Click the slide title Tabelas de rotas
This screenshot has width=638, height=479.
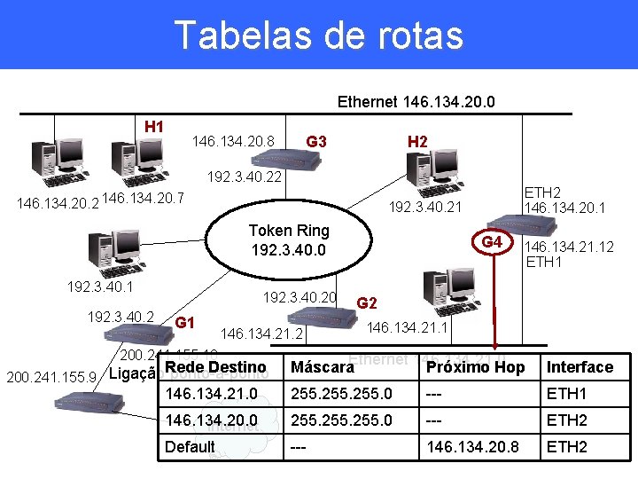(x=319, y=35)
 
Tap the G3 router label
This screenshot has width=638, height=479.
(x=315, y=141)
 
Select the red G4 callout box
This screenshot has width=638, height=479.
(x=492, y=243)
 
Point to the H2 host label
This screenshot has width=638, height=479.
(x=417, y=141)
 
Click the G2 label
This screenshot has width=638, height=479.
(x=368, y=302)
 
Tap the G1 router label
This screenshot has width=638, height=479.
(x=185, y=321)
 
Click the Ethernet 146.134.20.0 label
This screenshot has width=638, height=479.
(x=416, y=102)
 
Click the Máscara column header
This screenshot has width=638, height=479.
(x=317, y=367)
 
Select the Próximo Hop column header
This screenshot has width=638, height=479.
(x=475, y=367)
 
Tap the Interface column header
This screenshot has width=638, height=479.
(x=580, y=367)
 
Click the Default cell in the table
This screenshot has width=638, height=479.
(x=190, y=447)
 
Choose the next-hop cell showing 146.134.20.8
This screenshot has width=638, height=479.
(x=471, y=447)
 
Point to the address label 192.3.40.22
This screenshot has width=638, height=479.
(x=244, y=177)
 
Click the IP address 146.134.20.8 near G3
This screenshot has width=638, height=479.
(x=233, y=141)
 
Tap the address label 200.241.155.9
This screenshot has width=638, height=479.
(x=51, y=378)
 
